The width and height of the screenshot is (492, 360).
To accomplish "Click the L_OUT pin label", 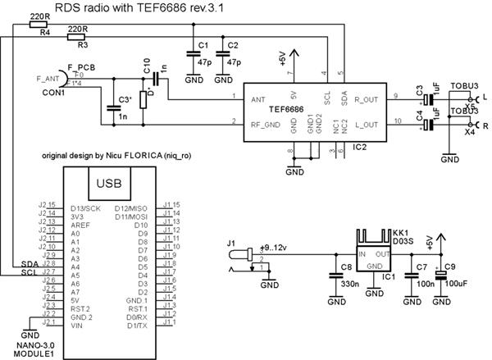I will (x=364, y=125).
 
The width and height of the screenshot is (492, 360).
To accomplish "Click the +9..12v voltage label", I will (x=273, y=248).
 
